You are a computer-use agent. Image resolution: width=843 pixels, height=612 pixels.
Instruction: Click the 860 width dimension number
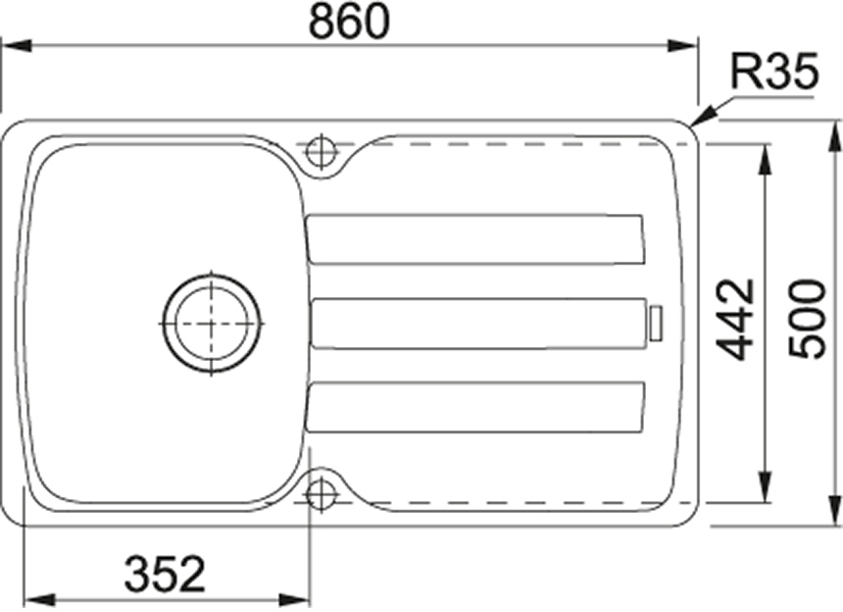(x=349, y=22)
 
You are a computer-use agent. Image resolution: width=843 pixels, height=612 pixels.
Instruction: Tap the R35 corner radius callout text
(x=774, y=71)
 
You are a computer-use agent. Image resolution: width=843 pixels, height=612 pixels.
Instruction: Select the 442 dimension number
(x=736, y=320)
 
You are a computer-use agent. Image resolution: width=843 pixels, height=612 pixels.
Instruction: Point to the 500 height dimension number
(x=806, y=318)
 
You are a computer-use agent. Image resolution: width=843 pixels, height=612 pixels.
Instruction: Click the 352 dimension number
(x=165, y=574)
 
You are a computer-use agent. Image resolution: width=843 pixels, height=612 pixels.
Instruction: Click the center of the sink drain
(x=212, y=324)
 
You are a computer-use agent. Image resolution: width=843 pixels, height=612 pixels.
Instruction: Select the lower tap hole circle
(x=321, y=492)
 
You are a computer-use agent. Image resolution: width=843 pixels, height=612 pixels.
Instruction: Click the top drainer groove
(x=475, y=239)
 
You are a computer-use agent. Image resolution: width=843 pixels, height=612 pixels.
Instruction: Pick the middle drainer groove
(x=478, y=324)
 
